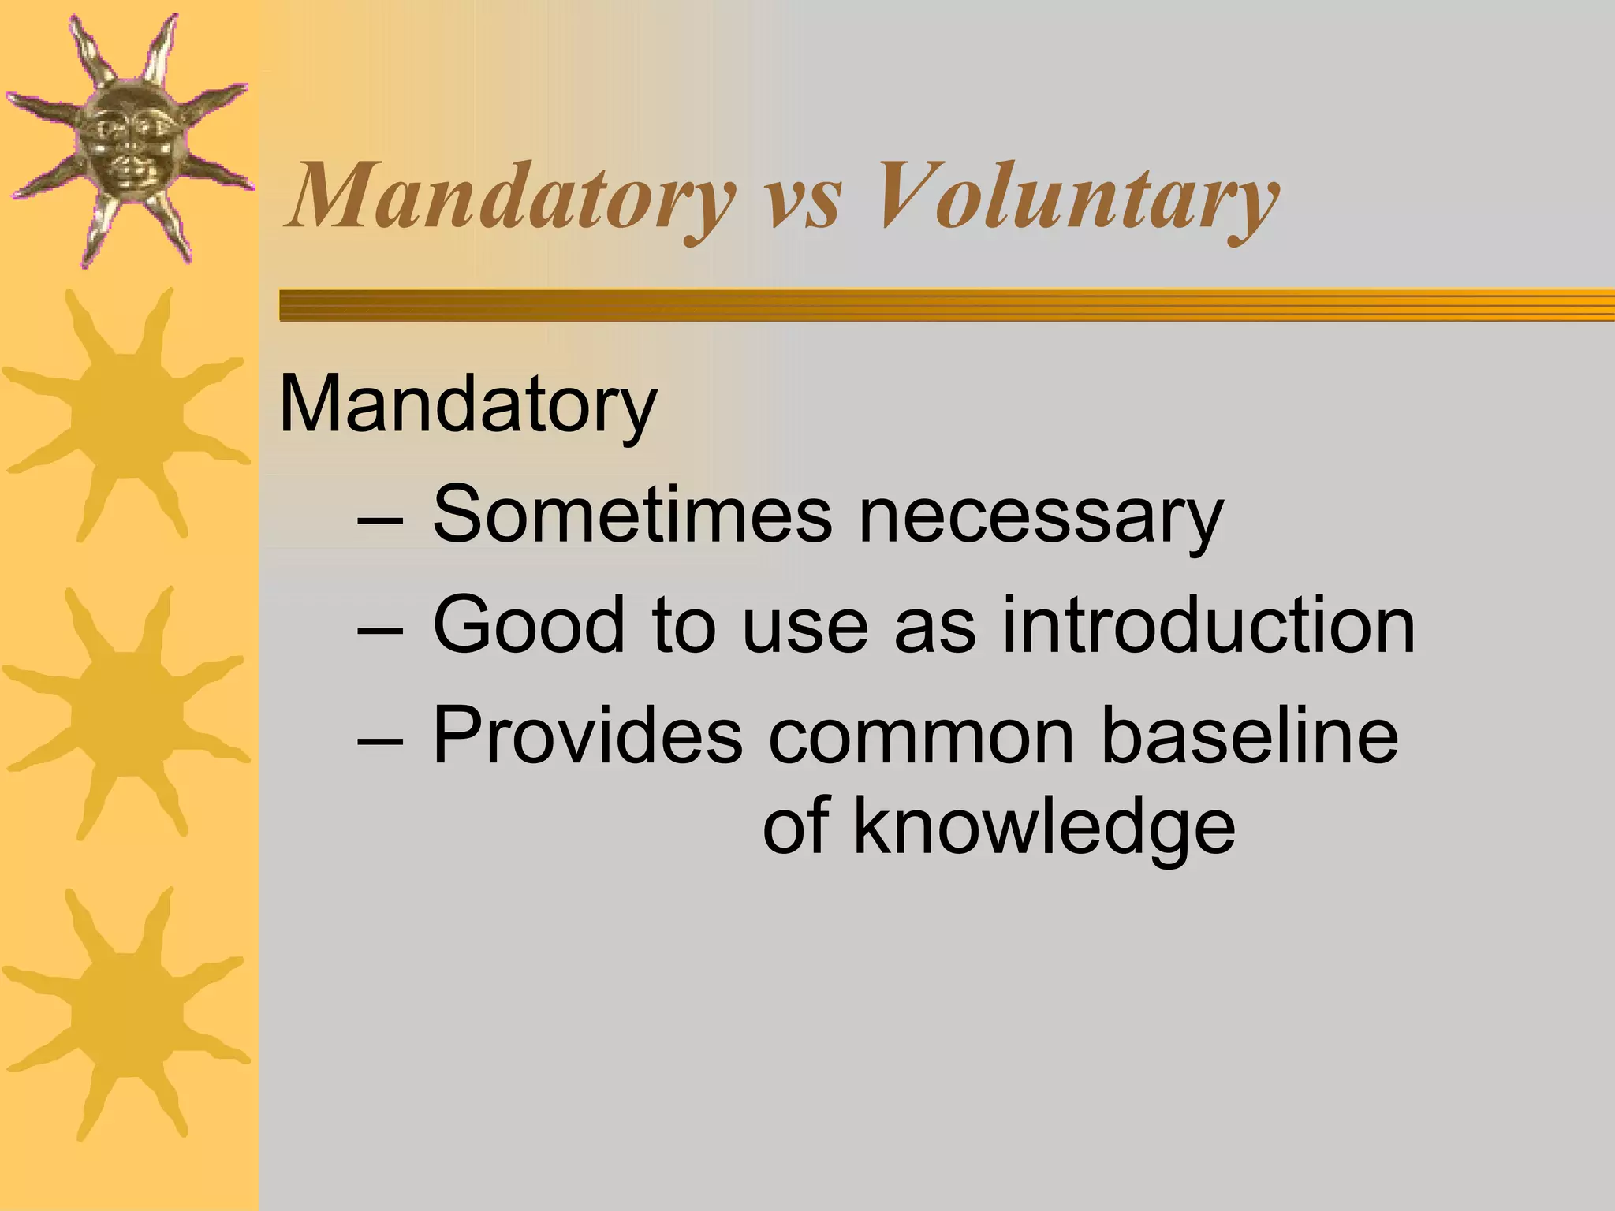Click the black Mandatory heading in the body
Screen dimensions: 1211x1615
468,406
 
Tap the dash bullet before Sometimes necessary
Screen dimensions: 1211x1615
380,521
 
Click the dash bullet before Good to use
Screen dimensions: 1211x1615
380,632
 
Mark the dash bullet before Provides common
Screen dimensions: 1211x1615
380,741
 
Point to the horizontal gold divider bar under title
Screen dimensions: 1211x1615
946,305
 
